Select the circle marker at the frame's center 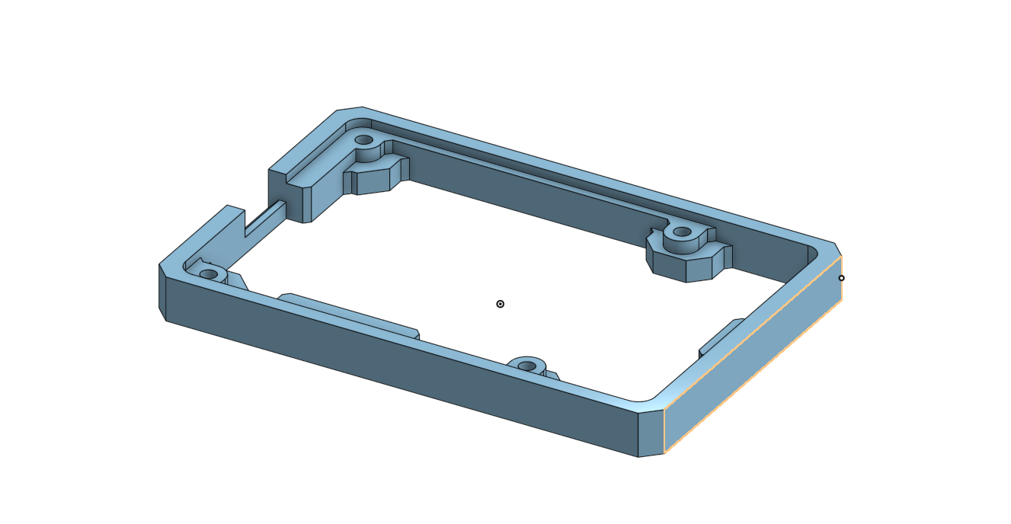(501, 304)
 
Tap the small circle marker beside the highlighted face (841, 278)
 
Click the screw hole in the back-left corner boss (364, 140)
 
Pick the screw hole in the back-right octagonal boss (682, 232)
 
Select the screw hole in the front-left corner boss (208, 274)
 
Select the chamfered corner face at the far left (162, 292)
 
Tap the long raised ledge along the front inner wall (350, 315)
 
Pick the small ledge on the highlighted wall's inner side (720, 335)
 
